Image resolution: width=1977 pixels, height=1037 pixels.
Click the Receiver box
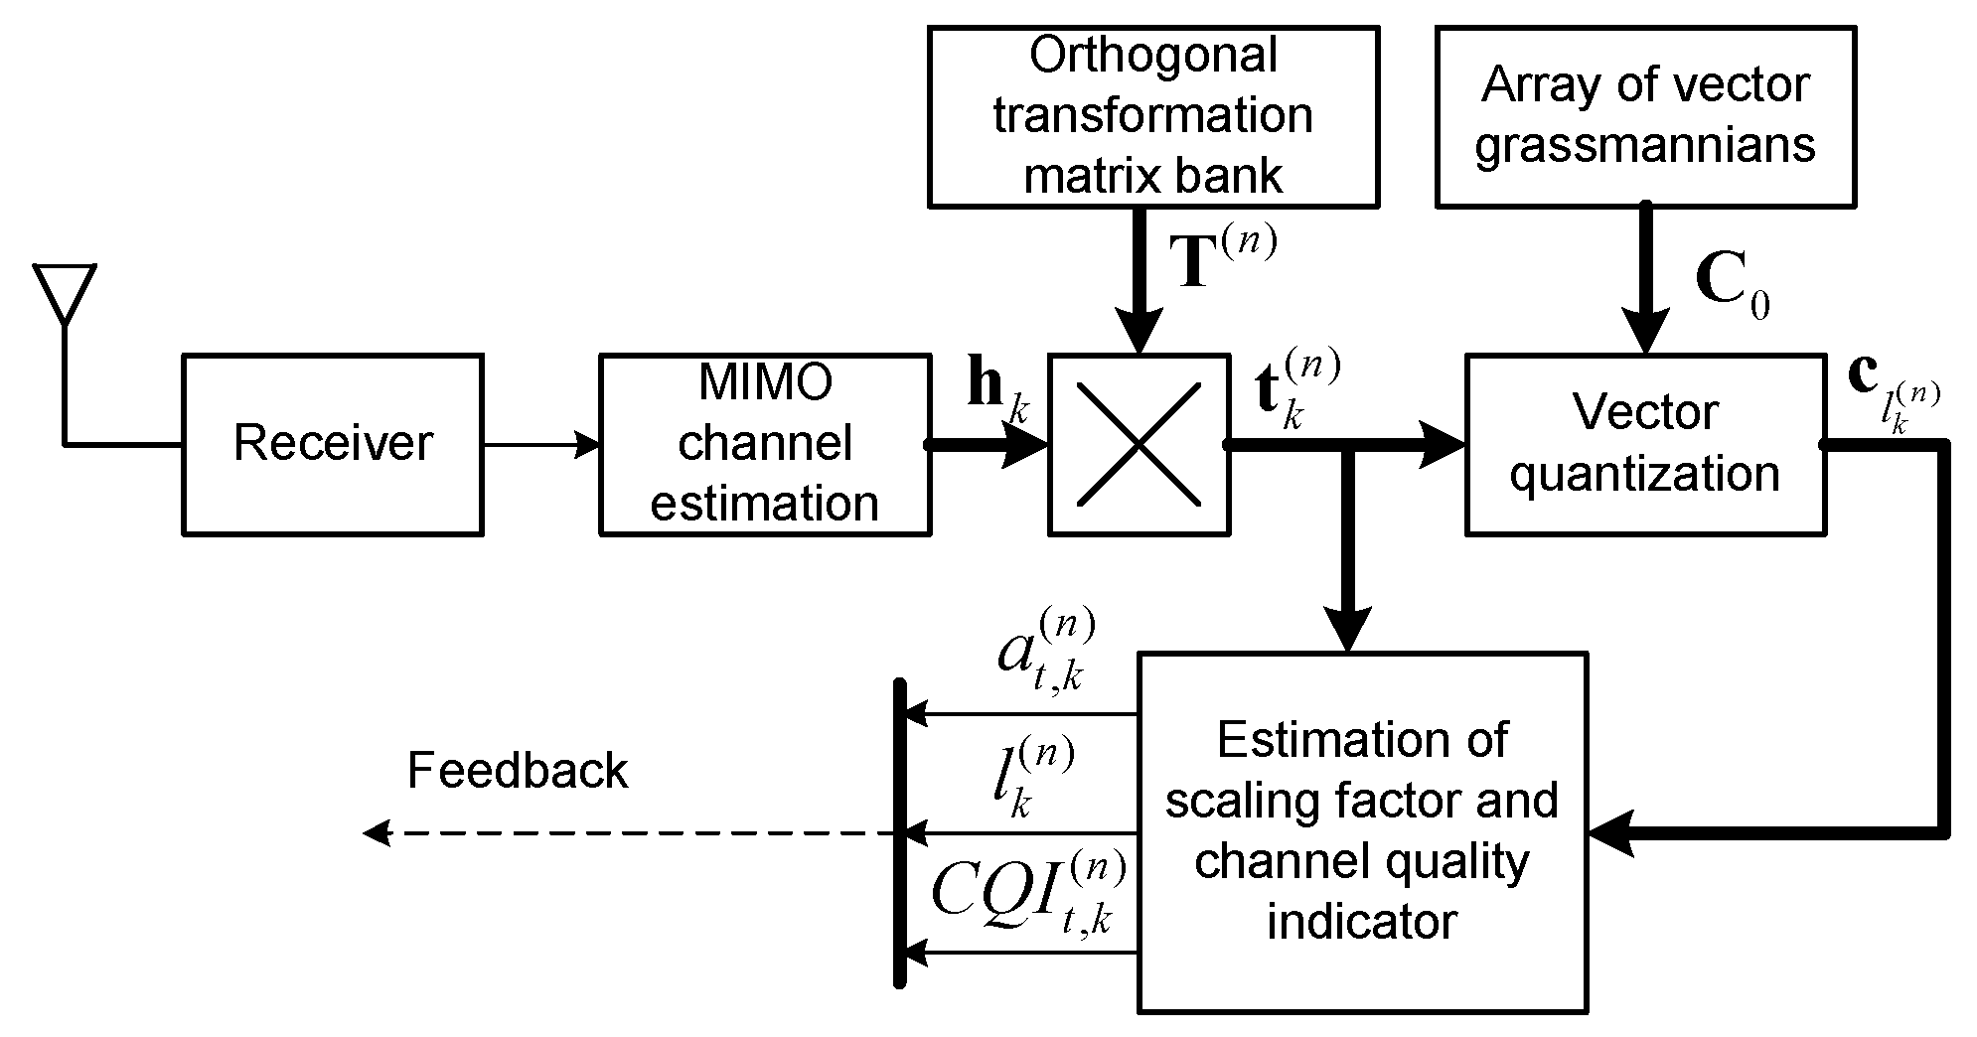click(332, 444)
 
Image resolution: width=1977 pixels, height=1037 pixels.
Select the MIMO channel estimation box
click(764, 444)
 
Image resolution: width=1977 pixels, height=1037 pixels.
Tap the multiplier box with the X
click(1139, 444)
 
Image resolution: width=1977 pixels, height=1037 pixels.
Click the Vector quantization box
click(1645, 444)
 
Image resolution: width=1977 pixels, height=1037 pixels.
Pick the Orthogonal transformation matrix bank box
click(1152, 116)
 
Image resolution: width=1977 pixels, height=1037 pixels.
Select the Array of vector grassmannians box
click(1645, 116)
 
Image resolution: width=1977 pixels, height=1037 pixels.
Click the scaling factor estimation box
click(1361, 831)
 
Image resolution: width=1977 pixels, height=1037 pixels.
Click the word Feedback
click(517, 771)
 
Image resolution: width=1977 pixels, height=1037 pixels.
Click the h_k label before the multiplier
click(996, 392)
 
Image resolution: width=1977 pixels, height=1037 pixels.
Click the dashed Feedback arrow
click(626, 833)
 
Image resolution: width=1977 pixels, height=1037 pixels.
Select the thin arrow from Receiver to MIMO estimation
click(540, 444)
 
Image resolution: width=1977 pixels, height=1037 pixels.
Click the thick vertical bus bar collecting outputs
click(899, 832)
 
